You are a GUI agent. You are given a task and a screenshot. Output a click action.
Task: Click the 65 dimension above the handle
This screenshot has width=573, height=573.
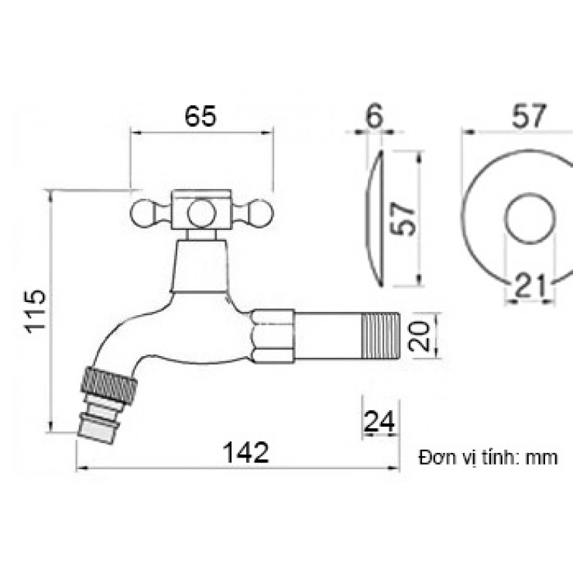click(201, 116)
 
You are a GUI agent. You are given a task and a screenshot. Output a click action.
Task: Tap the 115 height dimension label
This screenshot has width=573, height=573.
click(36, 311)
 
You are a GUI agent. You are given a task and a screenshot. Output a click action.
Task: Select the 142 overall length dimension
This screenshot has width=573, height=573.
click(245, 452)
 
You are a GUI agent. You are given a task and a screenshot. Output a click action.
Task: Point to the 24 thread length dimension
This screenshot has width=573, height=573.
click(379, 421)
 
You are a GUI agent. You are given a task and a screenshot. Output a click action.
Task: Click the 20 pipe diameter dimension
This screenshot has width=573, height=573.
click(419, 335)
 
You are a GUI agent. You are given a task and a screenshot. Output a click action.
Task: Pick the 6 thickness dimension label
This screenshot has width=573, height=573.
click(374, 115)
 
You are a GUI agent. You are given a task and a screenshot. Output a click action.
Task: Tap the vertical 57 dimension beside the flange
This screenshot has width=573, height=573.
click(403, 218)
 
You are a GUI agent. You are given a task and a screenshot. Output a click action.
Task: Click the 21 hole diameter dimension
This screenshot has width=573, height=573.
click(530, 286)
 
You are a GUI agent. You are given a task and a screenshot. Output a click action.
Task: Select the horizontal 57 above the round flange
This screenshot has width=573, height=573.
click(529, 116)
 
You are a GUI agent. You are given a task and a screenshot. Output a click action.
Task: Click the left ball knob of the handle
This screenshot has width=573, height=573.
click(142, 214)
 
